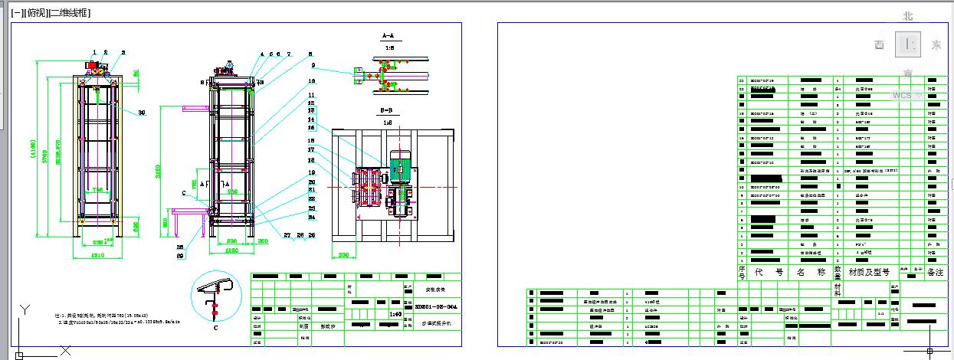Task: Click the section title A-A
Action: click(388, 36)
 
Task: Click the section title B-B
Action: click(388, 111)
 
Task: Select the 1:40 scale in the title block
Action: click(395, 313)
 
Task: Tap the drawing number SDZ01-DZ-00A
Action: click(441, 306)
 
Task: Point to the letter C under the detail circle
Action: click(215, 327)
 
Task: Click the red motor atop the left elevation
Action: click(97, 67)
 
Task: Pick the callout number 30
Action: click(142, 113)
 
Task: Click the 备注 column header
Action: click(936, 272)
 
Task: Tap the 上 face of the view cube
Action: click(909, 44)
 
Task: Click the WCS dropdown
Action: click(906, 96)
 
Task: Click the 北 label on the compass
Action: click(908, 16)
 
